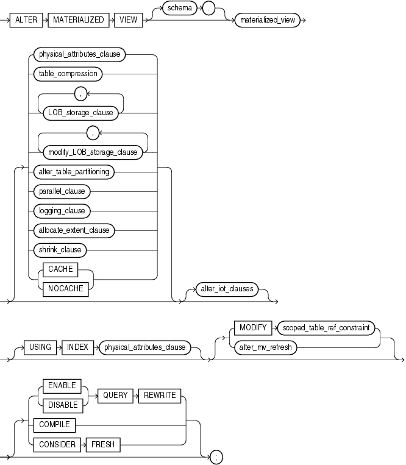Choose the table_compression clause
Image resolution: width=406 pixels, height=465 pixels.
(x=69, y=74)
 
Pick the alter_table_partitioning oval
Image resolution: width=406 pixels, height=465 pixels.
(x=74, y=172)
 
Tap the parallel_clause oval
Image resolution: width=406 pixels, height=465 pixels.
(x=62, y=191)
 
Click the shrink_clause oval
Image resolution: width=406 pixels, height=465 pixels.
(x=60, y=249)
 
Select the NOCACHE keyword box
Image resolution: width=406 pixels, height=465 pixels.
(x=65, y=289)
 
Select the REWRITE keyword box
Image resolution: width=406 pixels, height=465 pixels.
(x=160, y=395)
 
